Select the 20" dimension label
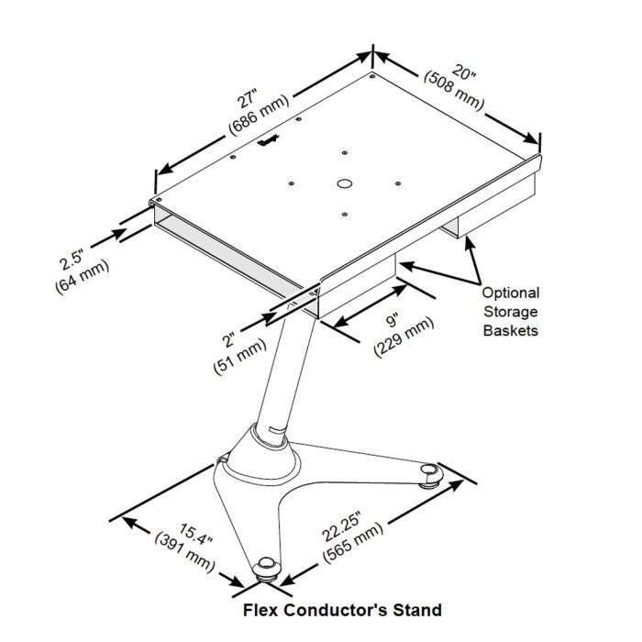pyautogui.click(x=466, y=71)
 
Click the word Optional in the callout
pyautogui.click(x=511, y=293)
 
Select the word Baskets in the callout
pyautogui.click(x=511, y=330)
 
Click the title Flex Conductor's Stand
pyautogui.click(x=341, y=610)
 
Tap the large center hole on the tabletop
pyautogui.click(x=343, y=183)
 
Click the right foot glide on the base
pyautogui.click(x=429, y=473)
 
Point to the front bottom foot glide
pyautogui.click(x=266, y=569)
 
